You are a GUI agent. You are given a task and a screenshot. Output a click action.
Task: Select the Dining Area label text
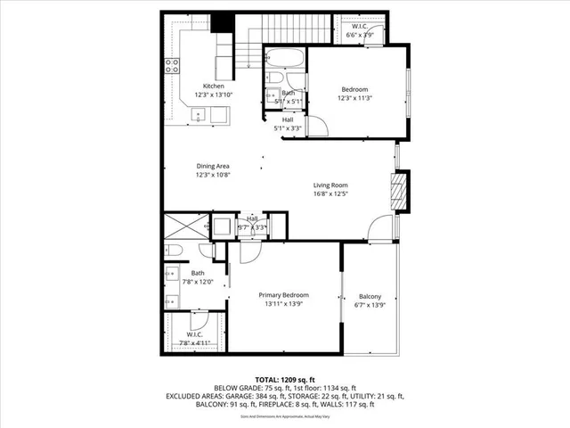(x=214, y=166)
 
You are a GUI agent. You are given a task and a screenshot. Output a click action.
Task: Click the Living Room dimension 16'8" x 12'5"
(x=330, y=193)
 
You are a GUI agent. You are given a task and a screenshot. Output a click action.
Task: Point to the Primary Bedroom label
(x=283, y=295)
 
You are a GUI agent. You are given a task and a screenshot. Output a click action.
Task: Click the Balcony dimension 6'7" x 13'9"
(x=370, y=305)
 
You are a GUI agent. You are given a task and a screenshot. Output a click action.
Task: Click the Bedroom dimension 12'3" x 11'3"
(x=356, y=98)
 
